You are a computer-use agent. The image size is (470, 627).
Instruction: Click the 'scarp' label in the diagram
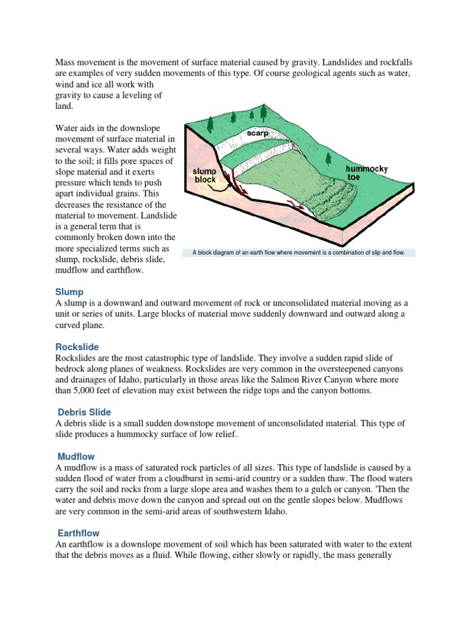pos(258,133)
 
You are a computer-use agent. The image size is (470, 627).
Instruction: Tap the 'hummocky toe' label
pos(366,172)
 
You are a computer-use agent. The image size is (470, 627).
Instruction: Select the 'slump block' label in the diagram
pos(205,176)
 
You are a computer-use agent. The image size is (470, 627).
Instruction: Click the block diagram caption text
pos(299,252)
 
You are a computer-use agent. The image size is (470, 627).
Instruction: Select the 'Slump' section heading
pos(69,292)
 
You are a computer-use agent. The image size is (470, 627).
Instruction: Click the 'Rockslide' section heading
pos(76,347)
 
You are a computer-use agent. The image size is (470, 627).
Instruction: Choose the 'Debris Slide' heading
pos(84,412)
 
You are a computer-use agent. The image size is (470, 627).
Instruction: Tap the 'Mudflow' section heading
pos(76,456)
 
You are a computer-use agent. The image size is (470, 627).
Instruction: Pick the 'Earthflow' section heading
pos(78,533)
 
